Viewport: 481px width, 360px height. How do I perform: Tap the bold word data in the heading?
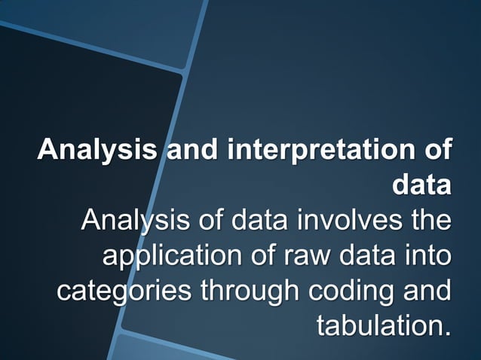[422, 185]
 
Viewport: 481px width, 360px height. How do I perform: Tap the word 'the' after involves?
[428, 221]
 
